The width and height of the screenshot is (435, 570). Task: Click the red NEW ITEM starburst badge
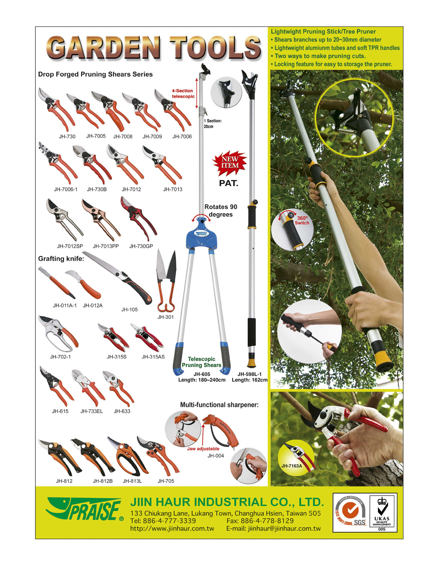click(x=229, y=163)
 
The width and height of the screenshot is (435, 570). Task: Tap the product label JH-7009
click(x=152, y=136)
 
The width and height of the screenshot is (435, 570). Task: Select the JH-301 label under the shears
click(x=165, y=317)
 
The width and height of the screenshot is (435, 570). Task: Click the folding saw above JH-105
click(x=117, y=277)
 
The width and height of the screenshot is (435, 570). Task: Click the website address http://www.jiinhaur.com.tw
click(x=172, y=529)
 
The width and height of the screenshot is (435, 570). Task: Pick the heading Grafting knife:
click(x=61, y=259)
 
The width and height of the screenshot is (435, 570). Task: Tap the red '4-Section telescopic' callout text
click(x=183, y=93)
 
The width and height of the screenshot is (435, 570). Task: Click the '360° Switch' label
click(x=302, y=220)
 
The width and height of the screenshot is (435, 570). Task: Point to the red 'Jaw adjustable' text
click(x=203, y=449)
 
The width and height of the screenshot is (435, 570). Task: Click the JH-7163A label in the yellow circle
click(x=292, y=465)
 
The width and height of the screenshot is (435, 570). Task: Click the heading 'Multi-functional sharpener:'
click(x=219, y=405)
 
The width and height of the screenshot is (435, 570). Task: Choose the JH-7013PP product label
click(x=106, y=246)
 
